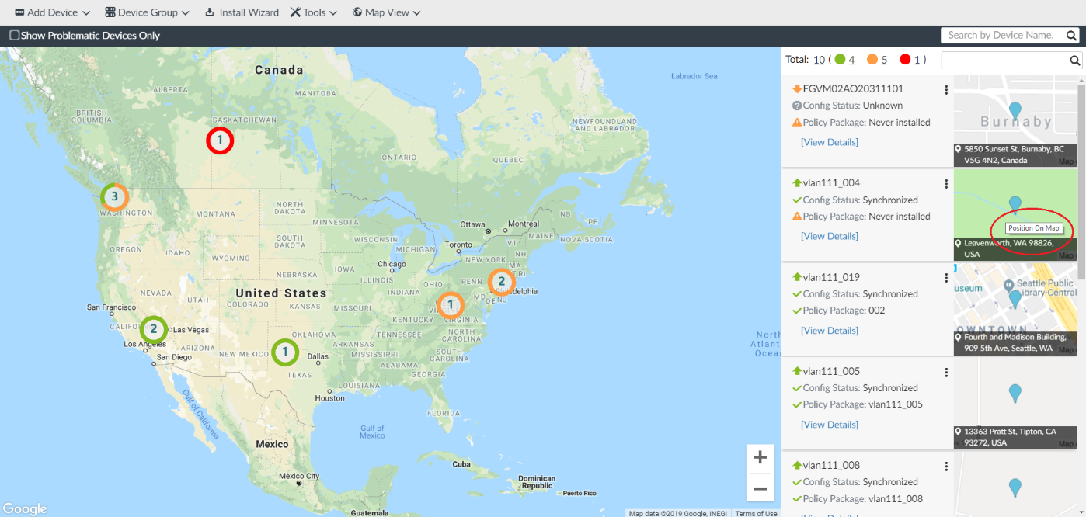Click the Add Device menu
pyautogui.click(x=52, y=12)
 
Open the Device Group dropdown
pyautogui.click(x=147, y=12)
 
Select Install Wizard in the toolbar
pyautogui.click(x=242, y=12)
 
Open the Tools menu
pyautogui.click(x=314, y=12)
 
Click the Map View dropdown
pyautogui.click(x=386, y=12)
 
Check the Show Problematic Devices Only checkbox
pyautogui.click(x=15, y=36)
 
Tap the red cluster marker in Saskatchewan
pyautogui.click(x=220, y=141)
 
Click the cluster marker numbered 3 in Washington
pyautogui.click(x=114, y=197)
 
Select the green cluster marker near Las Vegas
pyautogui.click(x=154, y=329)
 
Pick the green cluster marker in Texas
pyautogui.click(x=285, y=352)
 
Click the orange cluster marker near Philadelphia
pyautogui.click(x=501, y=281)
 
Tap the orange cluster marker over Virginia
pyautogui.click(x=451, y=305)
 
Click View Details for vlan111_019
pyautogui.click(x=830, y=331)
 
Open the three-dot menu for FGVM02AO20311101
pyautogui.click(x=946, y=90)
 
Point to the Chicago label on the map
pyautogui.click(x=392, y=264)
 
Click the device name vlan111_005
pyautogui.click(x=831, y=371)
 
